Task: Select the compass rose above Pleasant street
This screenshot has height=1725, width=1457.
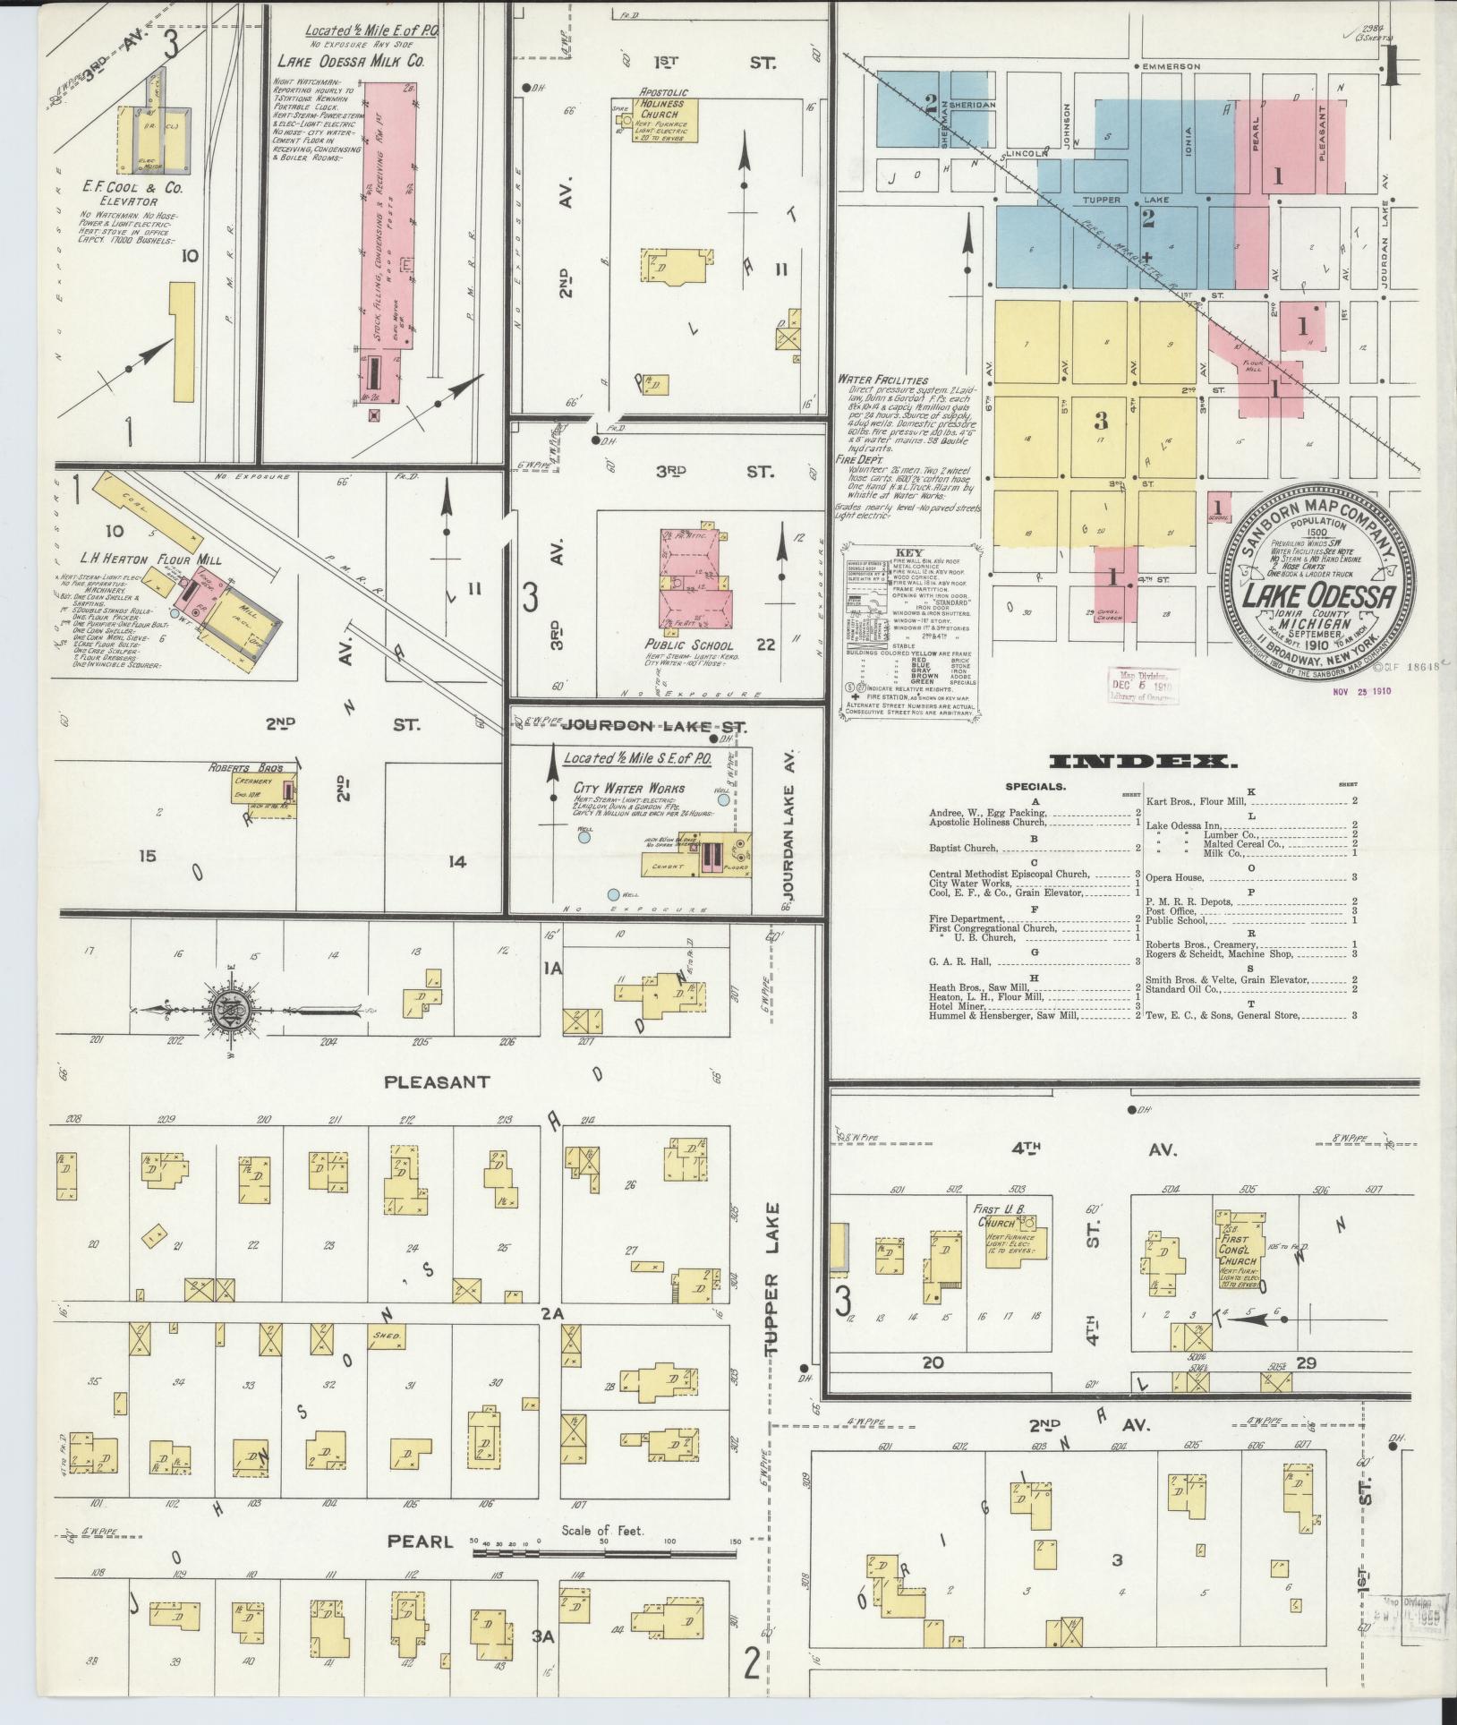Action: pos(230,1011)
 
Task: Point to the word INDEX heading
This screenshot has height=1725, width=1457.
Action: pos(1141,762)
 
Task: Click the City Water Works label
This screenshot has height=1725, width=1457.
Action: pos(628,789)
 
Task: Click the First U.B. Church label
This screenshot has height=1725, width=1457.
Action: pos(996,1216)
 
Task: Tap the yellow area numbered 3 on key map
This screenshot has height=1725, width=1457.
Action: pos(1101,420)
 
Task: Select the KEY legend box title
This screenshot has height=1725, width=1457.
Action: pos(908,552)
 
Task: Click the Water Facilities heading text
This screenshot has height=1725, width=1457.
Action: pos(883,380)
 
